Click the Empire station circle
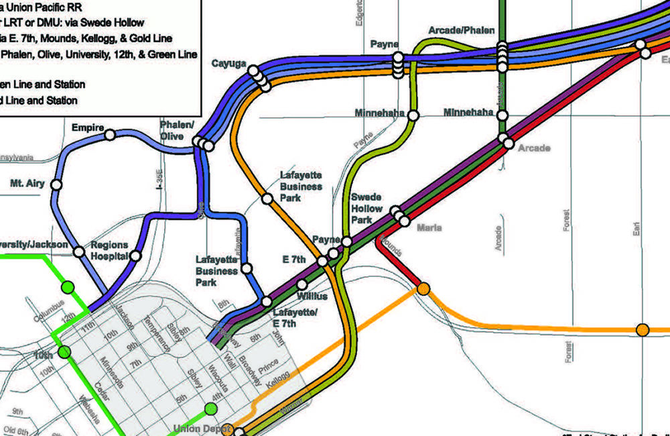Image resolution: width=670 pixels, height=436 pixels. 110,135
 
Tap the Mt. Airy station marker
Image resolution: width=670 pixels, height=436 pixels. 57,184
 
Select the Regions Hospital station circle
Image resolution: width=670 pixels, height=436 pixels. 136,256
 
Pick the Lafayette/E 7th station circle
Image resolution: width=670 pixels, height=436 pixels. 267,301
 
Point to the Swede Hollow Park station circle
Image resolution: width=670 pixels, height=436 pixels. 347,241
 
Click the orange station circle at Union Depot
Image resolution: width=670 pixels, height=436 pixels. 228,429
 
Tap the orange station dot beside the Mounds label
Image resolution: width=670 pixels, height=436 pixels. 423,289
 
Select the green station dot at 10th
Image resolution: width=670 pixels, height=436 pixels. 64,351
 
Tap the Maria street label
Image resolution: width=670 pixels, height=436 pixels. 429,228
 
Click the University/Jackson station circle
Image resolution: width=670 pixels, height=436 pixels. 79,252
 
